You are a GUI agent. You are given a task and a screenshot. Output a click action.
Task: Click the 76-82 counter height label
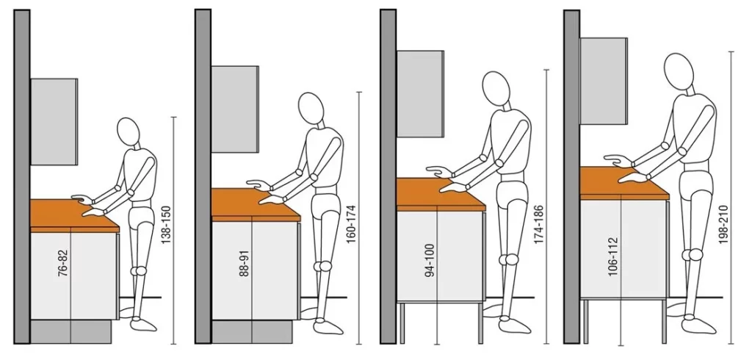tap(63, 264)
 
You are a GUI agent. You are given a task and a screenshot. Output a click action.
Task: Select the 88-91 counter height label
tap(244, 264)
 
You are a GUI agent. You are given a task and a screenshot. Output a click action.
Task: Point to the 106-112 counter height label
tap(613, 256)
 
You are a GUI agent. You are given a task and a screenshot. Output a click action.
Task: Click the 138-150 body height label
tap(166, 225)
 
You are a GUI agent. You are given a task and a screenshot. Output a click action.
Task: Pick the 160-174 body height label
tap(351, 225)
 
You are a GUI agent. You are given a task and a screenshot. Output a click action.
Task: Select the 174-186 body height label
tap(538, 225)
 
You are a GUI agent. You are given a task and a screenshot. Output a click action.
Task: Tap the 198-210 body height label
tap(723, 225)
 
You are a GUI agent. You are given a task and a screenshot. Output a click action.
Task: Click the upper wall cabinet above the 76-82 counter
tap(54, 122)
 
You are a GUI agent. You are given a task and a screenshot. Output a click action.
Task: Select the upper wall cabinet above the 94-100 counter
tap(421, 93)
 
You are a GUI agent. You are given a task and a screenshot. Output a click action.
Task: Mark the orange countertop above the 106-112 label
tap(624, 183)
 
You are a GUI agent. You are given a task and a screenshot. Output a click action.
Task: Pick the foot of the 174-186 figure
tap(514, 325)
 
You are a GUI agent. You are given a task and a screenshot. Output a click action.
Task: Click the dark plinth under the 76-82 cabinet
tap(71, 331)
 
